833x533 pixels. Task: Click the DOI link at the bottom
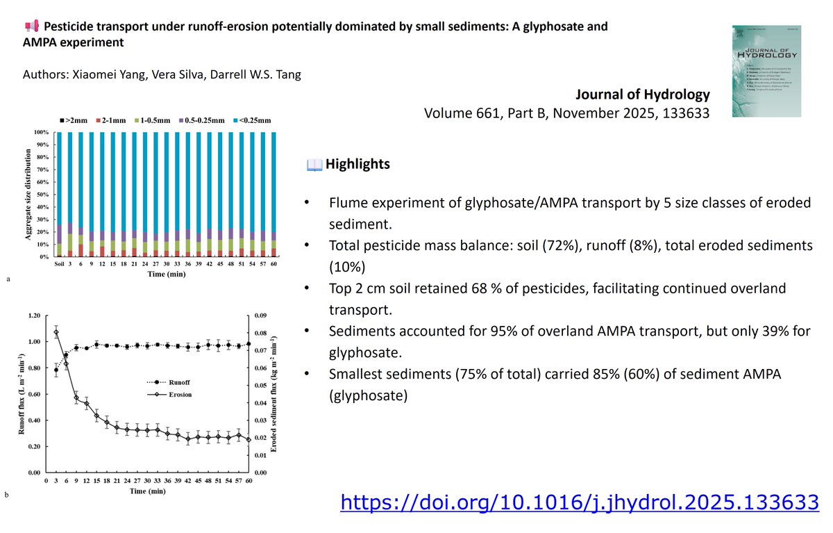tap(579, 501)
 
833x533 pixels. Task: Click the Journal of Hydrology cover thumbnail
tap(766, 70)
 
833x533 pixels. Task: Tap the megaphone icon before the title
tap(31, 27)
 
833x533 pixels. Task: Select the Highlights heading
tap(357, 165)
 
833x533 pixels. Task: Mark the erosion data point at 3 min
tap(56, 332)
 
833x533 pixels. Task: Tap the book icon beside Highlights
tap(314, 165)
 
